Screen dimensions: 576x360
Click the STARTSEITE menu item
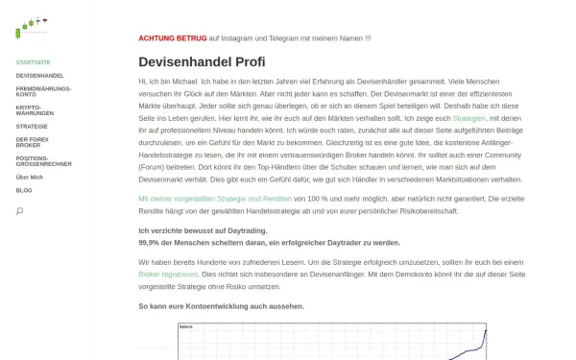[33, 60]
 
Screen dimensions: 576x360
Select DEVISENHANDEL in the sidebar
[39, 74]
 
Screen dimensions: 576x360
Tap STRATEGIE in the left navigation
[32, 126]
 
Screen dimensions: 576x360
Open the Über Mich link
[30, 178]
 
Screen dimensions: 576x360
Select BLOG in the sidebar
[24, 190]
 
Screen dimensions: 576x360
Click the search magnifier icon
[19, 211]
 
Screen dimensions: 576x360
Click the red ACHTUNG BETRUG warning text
[172, 38]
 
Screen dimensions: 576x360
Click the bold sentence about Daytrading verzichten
[203, 231]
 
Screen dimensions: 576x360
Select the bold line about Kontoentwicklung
[222, 305]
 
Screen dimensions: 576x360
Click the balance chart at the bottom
[332, 341]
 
